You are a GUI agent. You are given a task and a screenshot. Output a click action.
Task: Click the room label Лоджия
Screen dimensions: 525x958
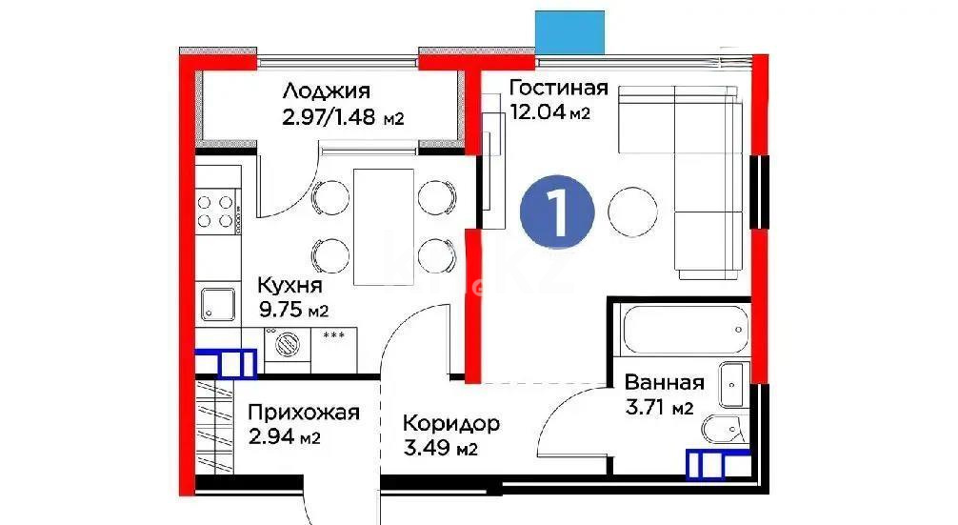[326, 92]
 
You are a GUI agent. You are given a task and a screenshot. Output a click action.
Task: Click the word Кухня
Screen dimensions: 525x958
[290, 286]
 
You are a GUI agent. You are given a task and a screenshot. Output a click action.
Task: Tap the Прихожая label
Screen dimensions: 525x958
[303, 413]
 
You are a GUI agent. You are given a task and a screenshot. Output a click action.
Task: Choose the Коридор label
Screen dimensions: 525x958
[450, 423]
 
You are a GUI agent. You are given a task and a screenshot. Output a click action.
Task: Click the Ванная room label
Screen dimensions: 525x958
[665, 384]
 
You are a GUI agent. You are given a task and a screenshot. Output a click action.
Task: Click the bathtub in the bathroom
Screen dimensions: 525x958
[680, 329]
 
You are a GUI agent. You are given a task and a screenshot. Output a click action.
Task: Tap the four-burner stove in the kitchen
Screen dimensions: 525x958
[216, 211]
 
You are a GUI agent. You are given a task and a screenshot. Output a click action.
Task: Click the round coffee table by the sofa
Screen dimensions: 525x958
[630, 212]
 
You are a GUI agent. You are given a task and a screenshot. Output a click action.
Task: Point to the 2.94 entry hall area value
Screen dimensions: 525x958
[272, 438]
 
